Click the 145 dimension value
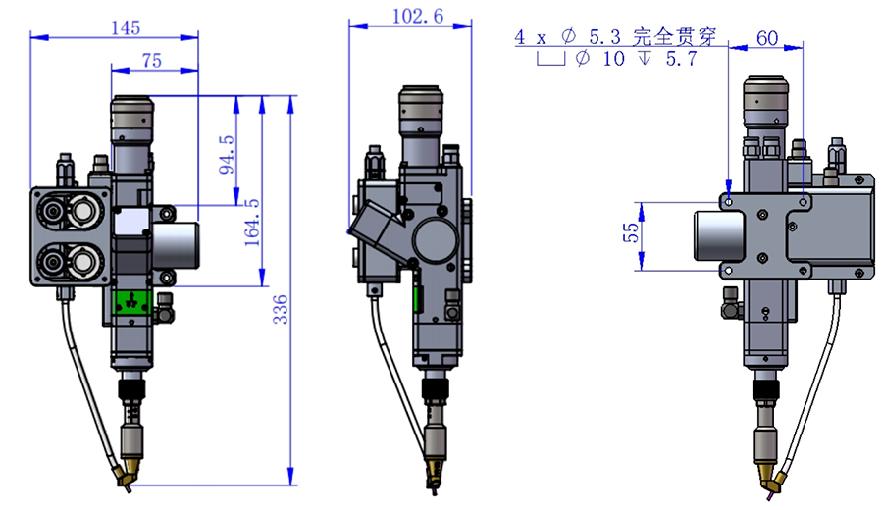(125, 27)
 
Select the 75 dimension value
(151, 60)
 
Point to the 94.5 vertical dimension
(227, 154)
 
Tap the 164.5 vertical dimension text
(252, 223)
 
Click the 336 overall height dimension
(280, 309)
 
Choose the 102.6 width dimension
(417, 16)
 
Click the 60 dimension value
(767, 37)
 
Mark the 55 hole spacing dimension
(631, 232)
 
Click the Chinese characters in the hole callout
(674, 37)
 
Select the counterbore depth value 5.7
(682, 59)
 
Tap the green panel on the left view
(132, 303)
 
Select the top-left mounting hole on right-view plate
(729, 201)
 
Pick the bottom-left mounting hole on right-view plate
(729, 271)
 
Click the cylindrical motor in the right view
(718, 235)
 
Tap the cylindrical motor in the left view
(175, 245)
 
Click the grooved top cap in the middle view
(421, 110)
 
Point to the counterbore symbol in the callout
(550, 59)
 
